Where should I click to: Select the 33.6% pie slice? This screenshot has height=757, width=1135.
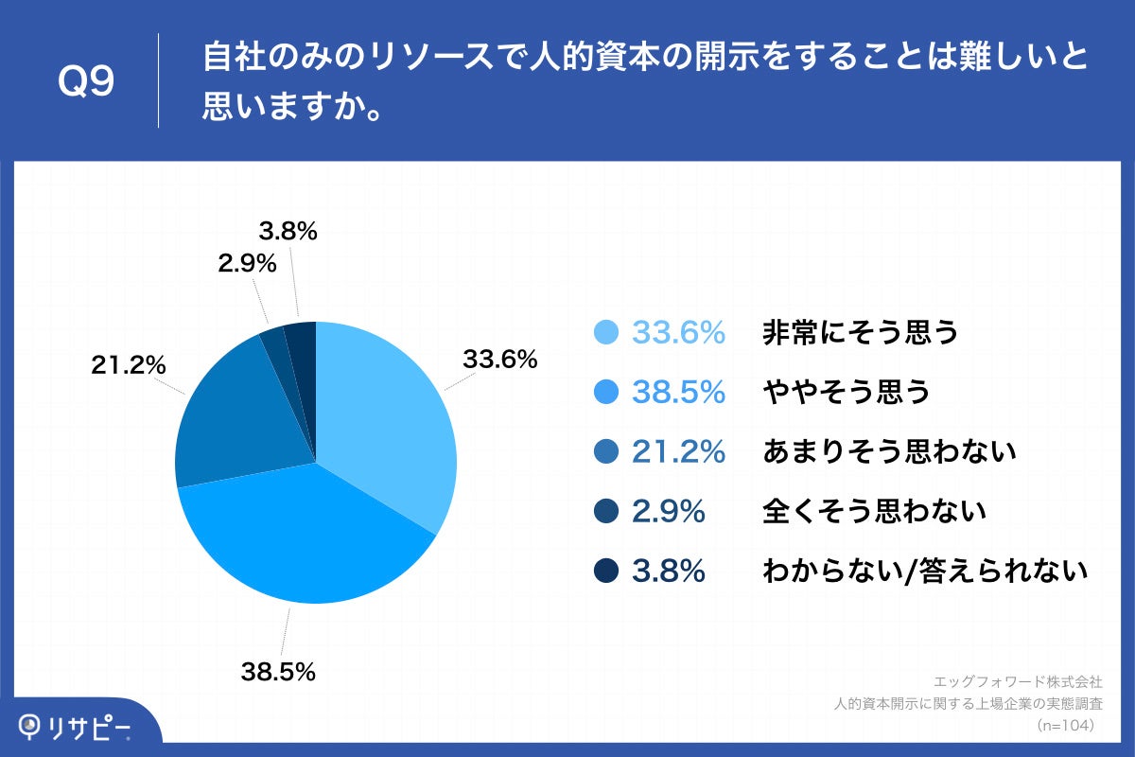(388, 416)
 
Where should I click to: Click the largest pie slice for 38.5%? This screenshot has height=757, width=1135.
(303, 539)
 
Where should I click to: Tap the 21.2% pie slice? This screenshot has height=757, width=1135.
(236, 426)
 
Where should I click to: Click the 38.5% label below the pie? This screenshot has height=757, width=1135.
(277, 673)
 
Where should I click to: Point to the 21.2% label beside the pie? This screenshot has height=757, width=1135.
(129, 364)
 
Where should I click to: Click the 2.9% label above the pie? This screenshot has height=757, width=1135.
(247, 265)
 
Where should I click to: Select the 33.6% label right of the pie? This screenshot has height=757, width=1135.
(499, 360)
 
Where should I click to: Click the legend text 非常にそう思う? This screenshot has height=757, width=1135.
(860, 332)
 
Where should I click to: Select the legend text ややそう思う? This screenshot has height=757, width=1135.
(846, 392)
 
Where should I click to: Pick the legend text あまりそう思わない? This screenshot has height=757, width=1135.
(888, 451)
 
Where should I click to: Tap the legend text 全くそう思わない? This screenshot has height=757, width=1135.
(874, 512)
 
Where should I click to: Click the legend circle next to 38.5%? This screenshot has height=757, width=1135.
(606, 392)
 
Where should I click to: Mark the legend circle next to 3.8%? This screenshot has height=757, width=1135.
(606, 571)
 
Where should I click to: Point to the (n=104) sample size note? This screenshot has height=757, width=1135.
(1066, 726)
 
